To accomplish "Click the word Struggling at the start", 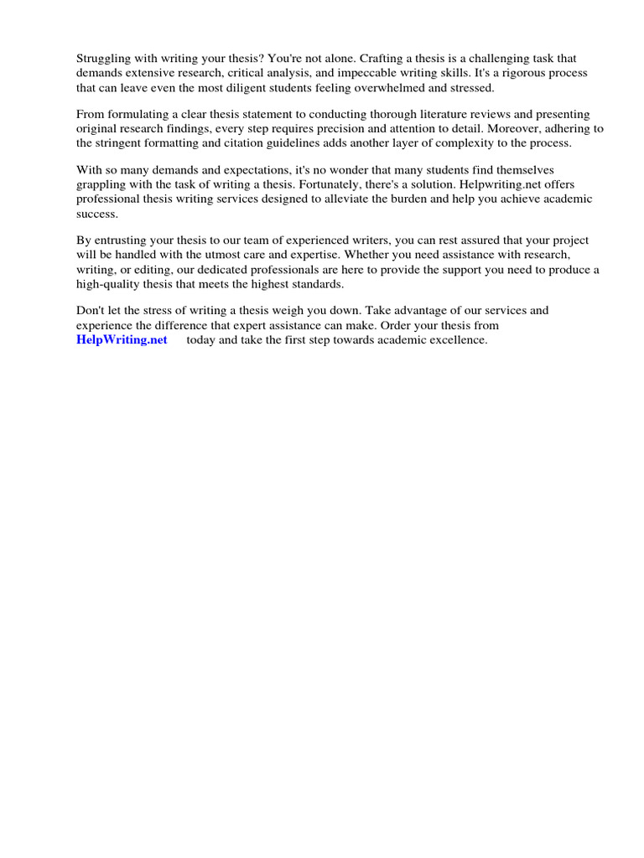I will [x=103, y=59].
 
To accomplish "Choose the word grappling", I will [x=103, y=184].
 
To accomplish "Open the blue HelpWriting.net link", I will [x=122, y=339].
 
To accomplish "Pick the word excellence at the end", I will [x=457, y=339].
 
